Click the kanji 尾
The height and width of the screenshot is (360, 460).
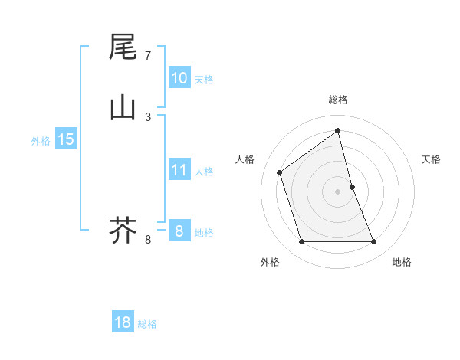(123, 47)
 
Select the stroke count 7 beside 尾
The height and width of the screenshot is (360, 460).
(148, 56)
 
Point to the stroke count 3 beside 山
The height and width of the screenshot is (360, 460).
(148, 116)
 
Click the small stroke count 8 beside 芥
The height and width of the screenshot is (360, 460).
(148, 240)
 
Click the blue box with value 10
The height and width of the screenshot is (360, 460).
(179, 78)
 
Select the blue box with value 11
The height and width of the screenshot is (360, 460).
(179, 170)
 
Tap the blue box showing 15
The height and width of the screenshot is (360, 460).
(65, 139)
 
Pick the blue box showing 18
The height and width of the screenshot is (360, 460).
(123, 322)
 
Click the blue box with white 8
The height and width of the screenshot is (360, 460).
(179, 231)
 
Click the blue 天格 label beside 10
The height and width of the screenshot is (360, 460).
(204, 80)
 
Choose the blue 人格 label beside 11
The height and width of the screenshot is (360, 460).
(204, 172)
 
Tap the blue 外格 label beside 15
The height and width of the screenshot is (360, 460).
(41, 141)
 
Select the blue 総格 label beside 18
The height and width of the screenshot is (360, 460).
(147, 324)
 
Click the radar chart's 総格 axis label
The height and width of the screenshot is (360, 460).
(338, 100)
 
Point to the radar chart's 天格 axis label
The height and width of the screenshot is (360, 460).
(431, 159)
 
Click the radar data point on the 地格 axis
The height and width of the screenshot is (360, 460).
(374, 242)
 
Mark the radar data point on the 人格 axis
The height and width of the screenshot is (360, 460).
(280, 172)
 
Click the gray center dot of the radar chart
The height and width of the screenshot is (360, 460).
(338, 191)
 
